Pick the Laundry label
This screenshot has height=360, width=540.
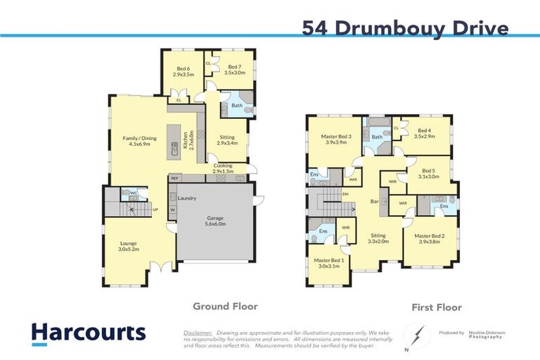(187, 198)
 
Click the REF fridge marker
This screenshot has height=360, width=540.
(174, 179)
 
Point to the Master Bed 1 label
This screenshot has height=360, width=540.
(328, 263)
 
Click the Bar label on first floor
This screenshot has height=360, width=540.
(375, 202)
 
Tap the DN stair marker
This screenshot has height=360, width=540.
(345, 194)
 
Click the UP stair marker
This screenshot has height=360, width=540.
(155, 210)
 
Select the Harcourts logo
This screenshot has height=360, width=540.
(89, 333)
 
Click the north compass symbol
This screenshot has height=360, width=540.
(418, 333)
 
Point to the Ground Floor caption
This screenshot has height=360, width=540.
(225, 307)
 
